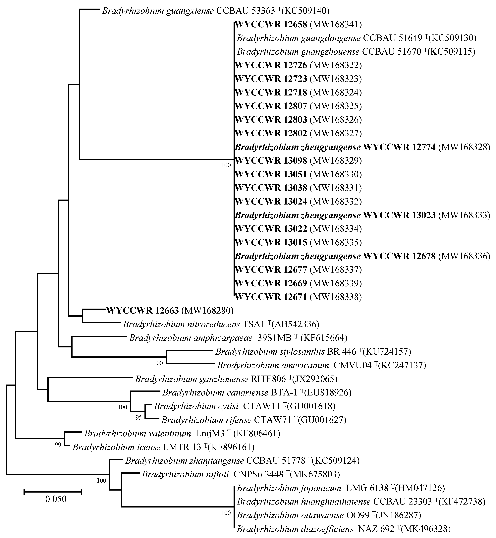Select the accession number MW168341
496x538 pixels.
pyautogui.click(x=336, y=25)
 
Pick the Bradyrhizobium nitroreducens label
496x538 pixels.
pyautogui.click(x=181, y=324)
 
